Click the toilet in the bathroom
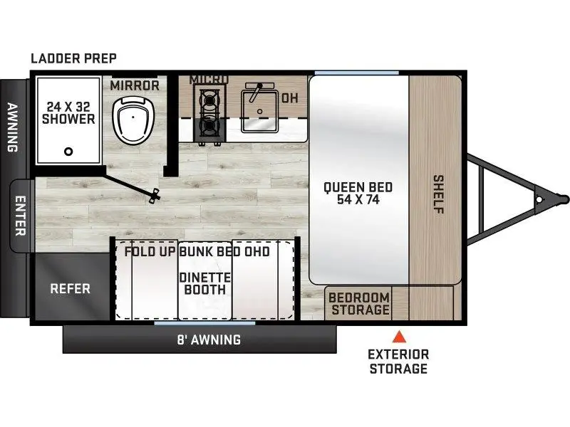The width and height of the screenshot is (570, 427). pyautogui.click(x=133, y=120)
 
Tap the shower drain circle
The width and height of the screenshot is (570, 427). pyautogui.click(x=68, y=151)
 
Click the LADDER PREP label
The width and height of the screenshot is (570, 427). pyautogui.click(x=73, y=58)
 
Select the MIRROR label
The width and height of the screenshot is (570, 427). pyautogui.click(x=135, y=85)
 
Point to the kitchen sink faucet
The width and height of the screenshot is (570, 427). pyautogui.click(x=257, y=91)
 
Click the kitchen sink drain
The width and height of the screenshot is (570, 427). pyautogui.click(x=259, y=112)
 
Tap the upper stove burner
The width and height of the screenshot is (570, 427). pyautogui.click(x=209, y=99)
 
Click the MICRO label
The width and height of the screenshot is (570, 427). pyautogui.click(x=209, y=79)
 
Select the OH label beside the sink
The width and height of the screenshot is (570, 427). pyautogui.click(x=290, y=98)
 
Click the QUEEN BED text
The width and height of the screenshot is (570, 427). pyautogui.click(x=358, y=187)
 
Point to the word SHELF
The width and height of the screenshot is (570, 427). pyautogui.click(x=438, y=194)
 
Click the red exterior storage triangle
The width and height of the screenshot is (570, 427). pyautogui.click(x=399, y=337)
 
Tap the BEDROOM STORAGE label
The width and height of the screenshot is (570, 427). pyautogui.click(x=359, y=304)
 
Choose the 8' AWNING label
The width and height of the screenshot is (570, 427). pyautogui.click(x=209, y=339)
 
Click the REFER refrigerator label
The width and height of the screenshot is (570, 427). pyautogui.click(x=70, y=289)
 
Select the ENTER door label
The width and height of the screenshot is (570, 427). pyautogui.click(x=21, y=216)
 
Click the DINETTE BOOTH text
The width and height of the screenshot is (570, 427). pyautogui.click(x=205, y=283)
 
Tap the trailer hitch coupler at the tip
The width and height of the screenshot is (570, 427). pyautogui.click(x=563, y=199)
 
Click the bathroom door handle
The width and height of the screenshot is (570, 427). pyautogui.click(x=155, y=195)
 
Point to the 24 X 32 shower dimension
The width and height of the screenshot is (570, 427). pyautogui.click(x=68, y=107)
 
